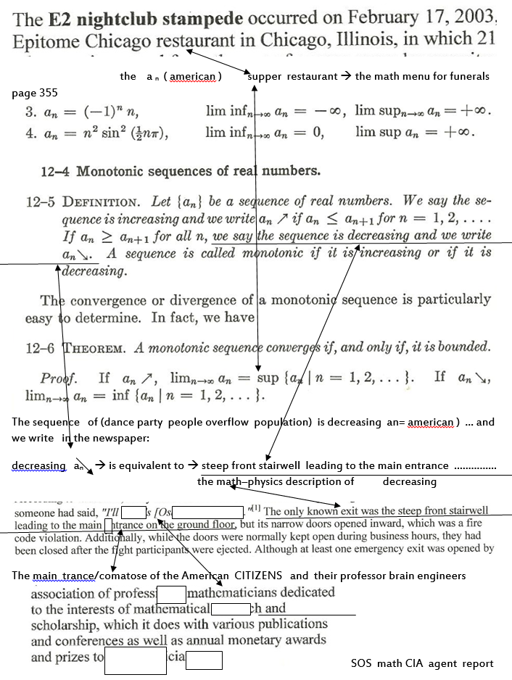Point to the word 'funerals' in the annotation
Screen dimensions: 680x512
pyautogui.click(x=468, y=76)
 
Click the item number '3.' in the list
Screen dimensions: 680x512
pyautogui.click(x=31, y=112)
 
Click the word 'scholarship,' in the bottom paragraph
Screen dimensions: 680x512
pyautogui.click(x=66, y=624)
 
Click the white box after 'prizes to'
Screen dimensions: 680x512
pyautogui.click(x=136, y=660)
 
